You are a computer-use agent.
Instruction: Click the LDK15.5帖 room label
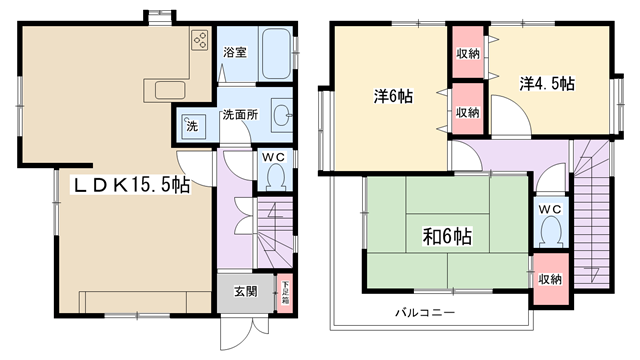(131, 185)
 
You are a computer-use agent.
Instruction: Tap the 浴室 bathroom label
(235, 52)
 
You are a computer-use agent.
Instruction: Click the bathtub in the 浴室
(276, 54)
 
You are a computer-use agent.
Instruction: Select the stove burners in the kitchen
(200, 40)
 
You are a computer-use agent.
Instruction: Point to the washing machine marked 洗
(193, 126)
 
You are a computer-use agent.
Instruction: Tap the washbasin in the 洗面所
(282, 115)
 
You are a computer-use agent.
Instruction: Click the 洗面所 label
(240, 115)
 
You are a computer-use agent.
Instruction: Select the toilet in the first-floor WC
(275, 176)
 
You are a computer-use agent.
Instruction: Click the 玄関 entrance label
(246, 291)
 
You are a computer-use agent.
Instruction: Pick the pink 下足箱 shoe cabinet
(285, 293)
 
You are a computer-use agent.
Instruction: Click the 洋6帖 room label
(393, 96)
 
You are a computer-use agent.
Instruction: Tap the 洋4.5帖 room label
(547, 84)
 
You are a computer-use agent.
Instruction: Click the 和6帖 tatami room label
(447, 236)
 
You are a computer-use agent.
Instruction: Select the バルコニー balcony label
(425, 313)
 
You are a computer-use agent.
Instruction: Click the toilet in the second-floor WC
(551, 231)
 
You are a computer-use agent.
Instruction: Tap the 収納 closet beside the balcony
(551, 279)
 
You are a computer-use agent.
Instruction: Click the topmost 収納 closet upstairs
(468, 52)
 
